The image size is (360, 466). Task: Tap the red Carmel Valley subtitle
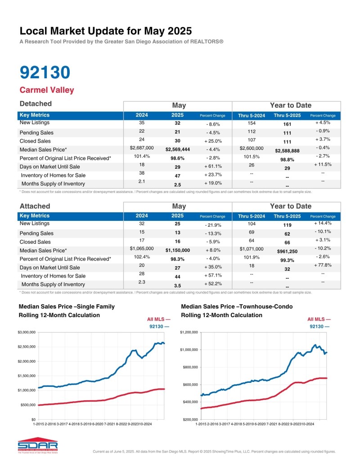click(x=47, y=90)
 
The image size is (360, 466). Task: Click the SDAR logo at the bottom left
click(x=31, y=445)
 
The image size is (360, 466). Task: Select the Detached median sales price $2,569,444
click(x=178, y=149)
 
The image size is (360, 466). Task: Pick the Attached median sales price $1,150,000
click(x=178, y=250)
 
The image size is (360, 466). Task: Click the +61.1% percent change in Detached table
click(x=212, y=166)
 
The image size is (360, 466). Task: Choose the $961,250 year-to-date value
click(x=287, y=250)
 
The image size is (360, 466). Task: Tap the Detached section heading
click(x=36, y=104)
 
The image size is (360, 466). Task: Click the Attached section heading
click(x=35, y=206)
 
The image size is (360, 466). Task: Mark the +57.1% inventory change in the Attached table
click(x=212, y=276)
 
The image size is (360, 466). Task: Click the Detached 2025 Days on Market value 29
click(x=178, y=167)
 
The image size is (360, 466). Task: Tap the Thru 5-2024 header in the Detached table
click(x=252, y=116)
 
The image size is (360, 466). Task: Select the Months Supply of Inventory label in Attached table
click(x=53, y=284)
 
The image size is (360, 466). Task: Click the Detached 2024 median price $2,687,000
click(x=142, y=148)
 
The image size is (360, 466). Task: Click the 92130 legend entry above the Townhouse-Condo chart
click(x=319, y=326)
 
